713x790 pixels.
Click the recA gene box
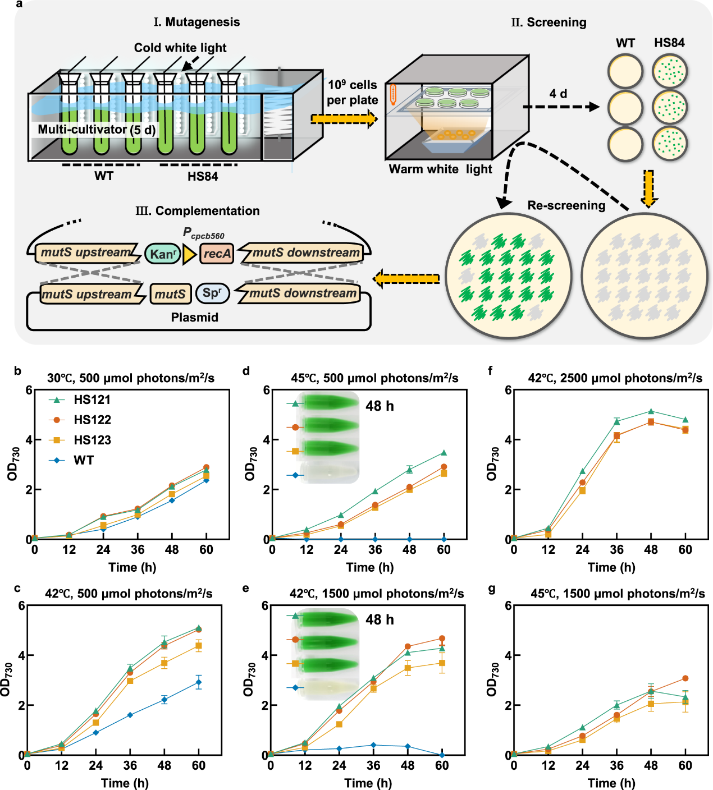217,253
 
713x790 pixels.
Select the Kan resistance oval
163,254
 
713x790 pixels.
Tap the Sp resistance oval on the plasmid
212,293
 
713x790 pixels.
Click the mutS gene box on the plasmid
170,294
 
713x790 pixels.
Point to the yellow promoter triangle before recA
189,254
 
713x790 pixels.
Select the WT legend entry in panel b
71,460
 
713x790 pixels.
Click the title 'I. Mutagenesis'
196,22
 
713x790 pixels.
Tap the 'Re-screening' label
566,205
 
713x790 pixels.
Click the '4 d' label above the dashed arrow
558,94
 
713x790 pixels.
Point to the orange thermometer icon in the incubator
392,94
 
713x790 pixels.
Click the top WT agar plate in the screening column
625,71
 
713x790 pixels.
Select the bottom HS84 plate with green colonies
670,144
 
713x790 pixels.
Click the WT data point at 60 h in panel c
199,682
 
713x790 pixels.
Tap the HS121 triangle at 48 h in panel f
651,411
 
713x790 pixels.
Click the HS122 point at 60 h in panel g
685,678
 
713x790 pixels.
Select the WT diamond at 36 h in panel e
373,745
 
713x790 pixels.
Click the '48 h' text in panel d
380,406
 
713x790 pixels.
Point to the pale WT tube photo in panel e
329,687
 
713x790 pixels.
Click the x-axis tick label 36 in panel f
617,549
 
